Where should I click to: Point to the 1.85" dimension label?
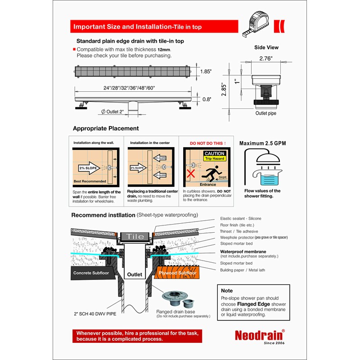click(x=206, y=72)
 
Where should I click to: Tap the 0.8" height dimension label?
click(x=205, y=100)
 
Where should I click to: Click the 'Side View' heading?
click(x=266, y=47)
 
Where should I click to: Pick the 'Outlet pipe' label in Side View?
click(x=266, y=113)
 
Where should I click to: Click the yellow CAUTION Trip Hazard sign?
click(x=214, y=156)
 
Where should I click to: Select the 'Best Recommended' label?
click(x=90, y=181)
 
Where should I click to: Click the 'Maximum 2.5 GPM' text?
click(x=262, y=144)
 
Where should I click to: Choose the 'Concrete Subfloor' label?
click(x=91, y=273)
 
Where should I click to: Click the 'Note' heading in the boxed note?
click(x=227, y=291)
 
